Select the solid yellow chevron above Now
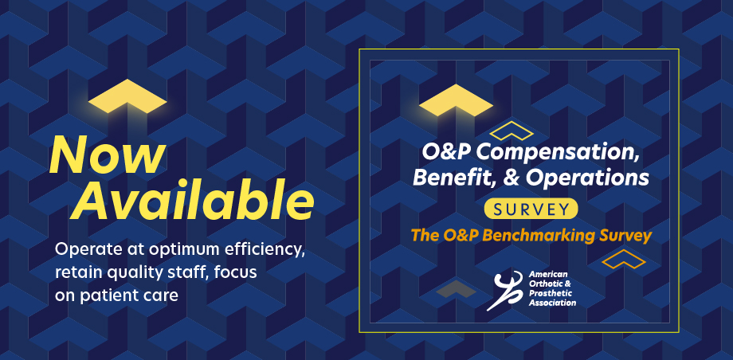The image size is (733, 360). point(127,96)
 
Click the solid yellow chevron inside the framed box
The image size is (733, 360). point(456,100)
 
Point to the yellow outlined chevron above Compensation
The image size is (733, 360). point(511,131)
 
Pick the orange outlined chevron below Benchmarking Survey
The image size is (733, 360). point(623,259)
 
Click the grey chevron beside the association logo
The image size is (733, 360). point(456,289)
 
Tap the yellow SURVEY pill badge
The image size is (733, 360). point(531,209)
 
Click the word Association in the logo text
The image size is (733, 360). point(552,303)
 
